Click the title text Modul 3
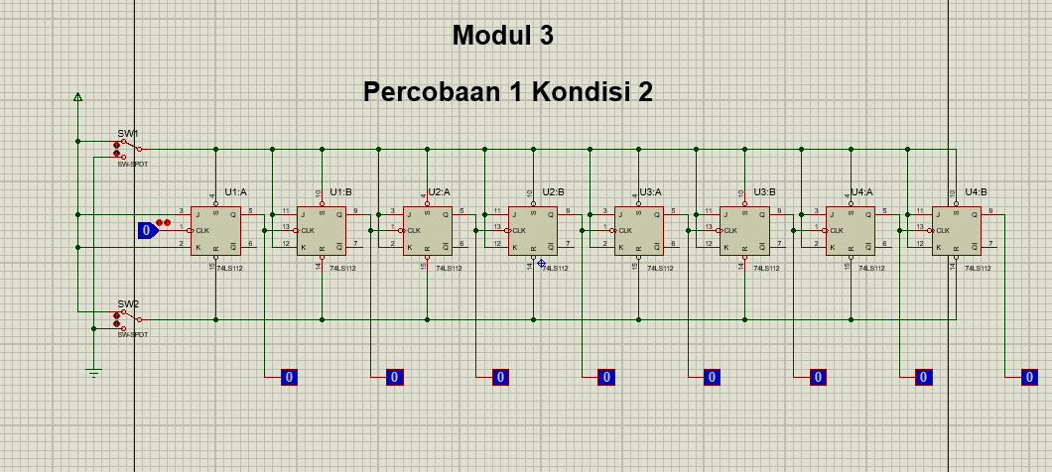point(502,36)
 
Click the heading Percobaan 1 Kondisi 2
point(507,92)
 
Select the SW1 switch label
point(128,133)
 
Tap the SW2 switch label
point(128,303)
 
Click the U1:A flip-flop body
point(216,231)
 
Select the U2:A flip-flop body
point(428,231)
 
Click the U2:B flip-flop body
point(534,231)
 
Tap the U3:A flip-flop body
point(639,231)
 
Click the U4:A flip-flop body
point(852,231)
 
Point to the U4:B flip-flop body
point(957,231)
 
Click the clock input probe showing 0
point(147,231)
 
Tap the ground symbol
point(93,372)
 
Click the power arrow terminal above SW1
point(77,97)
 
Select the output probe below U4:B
point(1030,377)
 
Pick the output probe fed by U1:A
point(289,377)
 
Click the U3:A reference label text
point(651,192)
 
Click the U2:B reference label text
point(553,192)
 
